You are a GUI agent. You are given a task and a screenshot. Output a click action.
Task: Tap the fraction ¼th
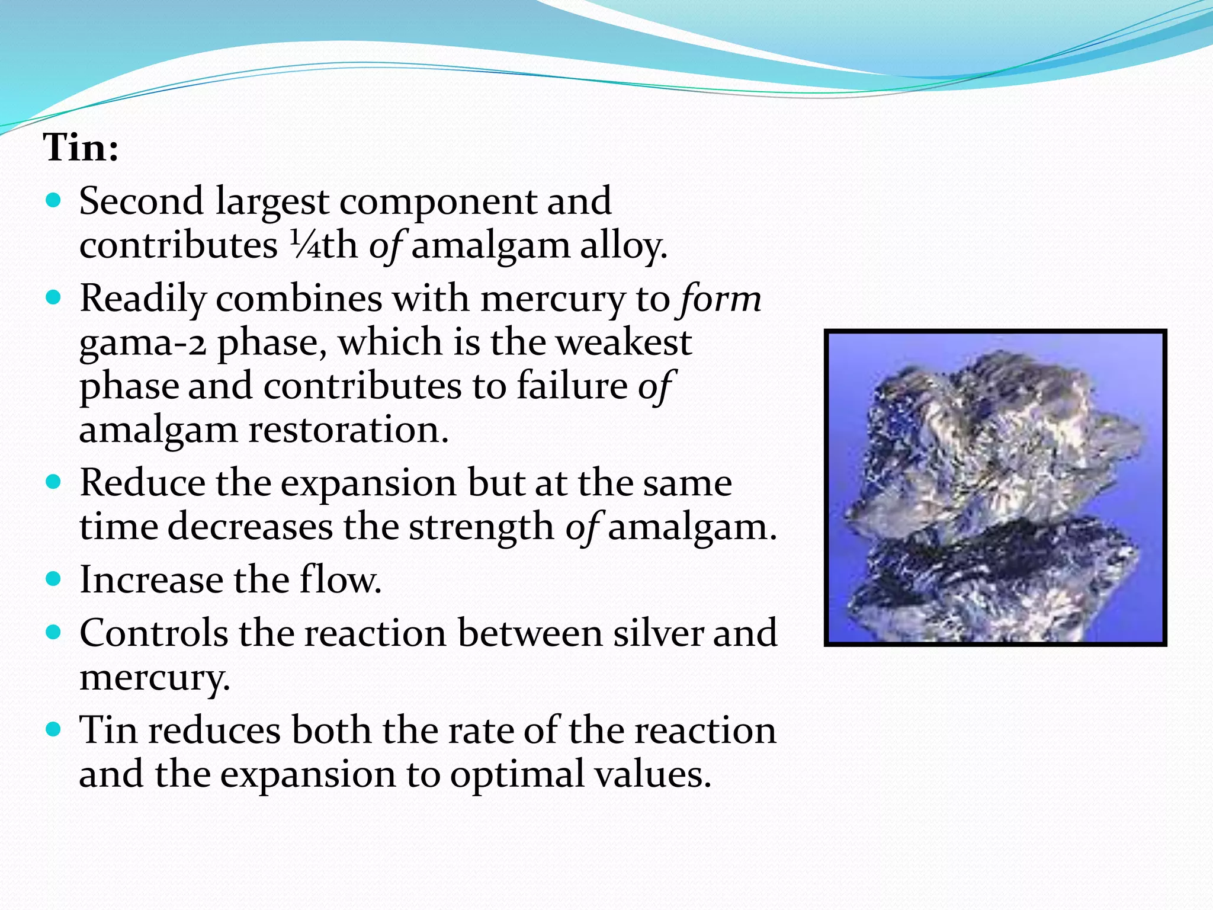(x=323, y=245)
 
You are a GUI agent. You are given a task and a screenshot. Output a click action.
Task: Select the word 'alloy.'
(x=623, y=245)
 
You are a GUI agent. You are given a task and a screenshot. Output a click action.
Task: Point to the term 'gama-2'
(x=142, y=344)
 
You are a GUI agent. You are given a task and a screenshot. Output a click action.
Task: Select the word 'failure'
(x=571, y=386)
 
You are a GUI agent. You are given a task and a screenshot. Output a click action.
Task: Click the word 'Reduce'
(x=142, y=483)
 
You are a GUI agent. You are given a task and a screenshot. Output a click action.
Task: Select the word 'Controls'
(x=153, y=633)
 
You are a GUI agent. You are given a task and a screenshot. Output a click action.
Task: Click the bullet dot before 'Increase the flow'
(x=53, y=578)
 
